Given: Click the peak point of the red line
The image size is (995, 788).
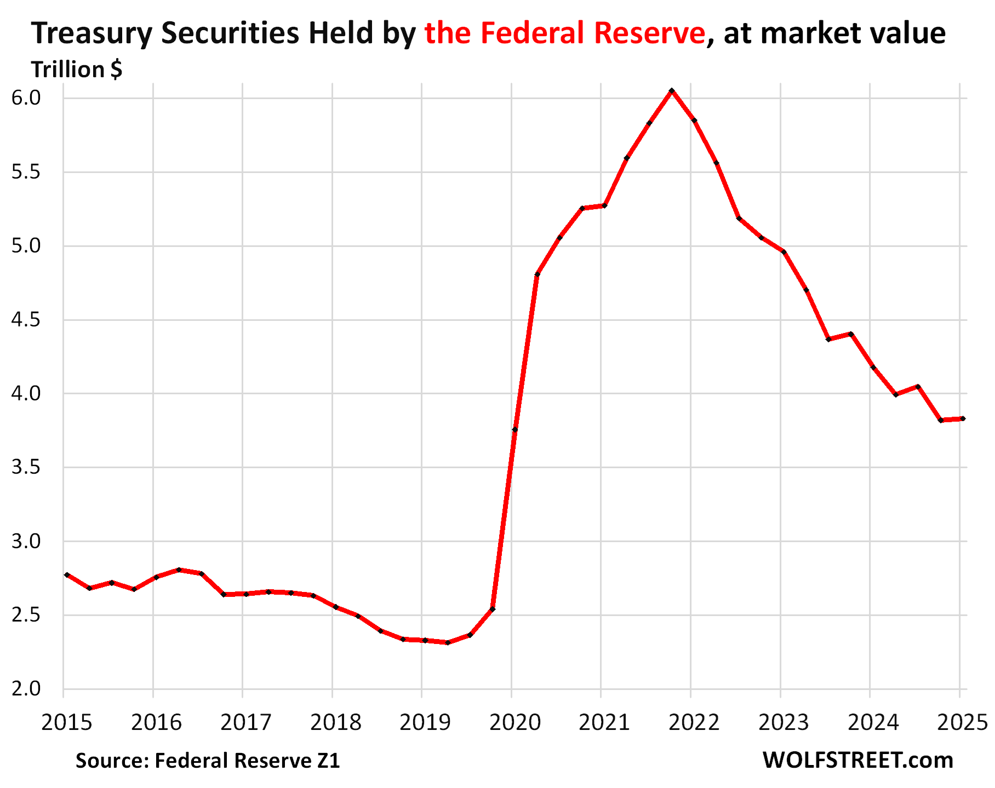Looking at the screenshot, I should [x=671, y=90].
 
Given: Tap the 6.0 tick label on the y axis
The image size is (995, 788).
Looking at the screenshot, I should [x=26, y=98].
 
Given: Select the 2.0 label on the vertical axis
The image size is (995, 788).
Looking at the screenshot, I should [x=26, y=688].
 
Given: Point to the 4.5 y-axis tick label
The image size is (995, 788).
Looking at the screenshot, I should [x=26, y=320].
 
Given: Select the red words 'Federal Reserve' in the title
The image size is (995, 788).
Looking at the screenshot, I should [x=593, y=33].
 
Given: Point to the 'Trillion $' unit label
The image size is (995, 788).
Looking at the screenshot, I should [x=77, y=70].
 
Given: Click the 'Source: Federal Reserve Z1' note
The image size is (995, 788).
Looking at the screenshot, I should [x=208, y=761].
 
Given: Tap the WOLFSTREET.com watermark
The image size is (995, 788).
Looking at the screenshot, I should [x=857, y=760].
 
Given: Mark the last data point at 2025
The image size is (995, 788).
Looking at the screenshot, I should [x=963, y=418].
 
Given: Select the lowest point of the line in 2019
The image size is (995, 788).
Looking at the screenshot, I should [x=448, y=642].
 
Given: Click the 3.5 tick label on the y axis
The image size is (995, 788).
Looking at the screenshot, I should [x=26, y=467].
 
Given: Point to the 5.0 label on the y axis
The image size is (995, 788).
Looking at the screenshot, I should [x=26, y=246].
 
